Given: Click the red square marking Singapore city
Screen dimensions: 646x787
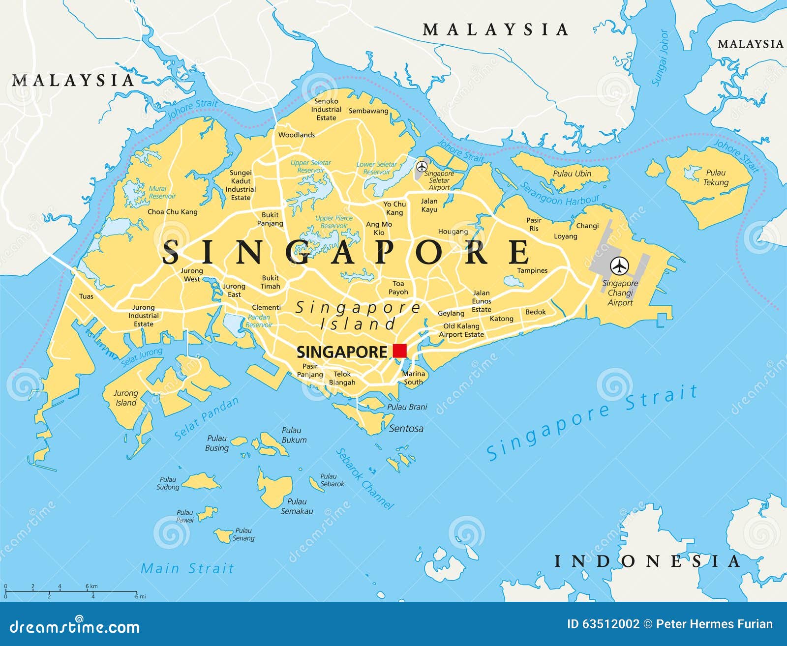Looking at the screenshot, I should (400, 351).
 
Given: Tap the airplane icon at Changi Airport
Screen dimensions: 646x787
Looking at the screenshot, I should (619, 266).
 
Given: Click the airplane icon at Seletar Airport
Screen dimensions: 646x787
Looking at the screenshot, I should (422, 167).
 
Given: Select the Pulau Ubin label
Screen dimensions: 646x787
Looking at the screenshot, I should (572, 174).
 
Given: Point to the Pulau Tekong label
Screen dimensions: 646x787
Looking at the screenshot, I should (716, 177).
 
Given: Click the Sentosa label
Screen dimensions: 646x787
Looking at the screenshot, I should (406, 429).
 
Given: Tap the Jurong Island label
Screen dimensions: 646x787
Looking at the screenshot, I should (126, 398).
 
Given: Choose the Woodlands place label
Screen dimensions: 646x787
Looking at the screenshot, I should (296, 135).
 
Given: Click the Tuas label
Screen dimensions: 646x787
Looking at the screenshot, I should (86, 296).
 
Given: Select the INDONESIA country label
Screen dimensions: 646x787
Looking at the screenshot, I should (647, 561).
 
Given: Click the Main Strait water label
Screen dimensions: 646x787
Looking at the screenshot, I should (187, 568).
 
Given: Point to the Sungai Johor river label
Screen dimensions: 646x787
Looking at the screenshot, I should (660, 58).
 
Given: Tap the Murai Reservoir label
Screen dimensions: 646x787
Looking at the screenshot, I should (162, 192).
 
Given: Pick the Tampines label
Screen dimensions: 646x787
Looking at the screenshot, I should (532, 270).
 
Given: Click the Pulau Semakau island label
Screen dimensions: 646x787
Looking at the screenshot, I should (297, 506).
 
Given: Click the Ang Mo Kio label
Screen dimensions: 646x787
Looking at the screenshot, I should (379, 228).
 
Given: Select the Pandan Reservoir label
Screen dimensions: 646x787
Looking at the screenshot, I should (259, 321).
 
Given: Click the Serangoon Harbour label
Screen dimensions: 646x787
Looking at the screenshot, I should (560, 195).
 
